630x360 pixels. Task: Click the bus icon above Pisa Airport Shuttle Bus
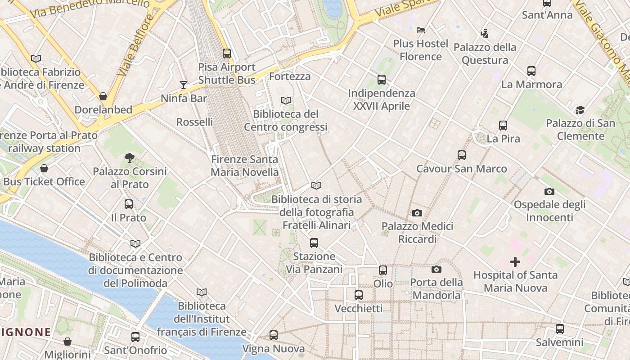tap(227, 54)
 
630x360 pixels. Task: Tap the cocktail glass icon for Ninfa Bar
tap(184, 85)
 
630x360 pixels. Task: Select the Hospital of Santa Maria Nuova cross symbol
tap(515, 261)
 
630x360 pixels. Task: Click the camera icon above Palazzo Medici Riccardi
tap(417, 213)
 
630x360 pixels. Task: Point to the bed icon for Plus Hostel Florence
tap(421, 30)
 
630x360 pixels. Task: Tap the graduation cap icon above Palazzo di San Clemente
tap(580, 110)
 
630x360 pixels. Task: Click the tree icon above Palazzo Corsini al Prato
tap(130, 157)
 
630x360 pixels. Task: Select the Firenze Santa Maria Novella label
tap(245, 166)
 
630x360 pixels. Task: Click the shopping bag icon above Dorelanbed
tap(103, 96)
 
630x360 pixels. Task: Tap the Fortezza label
tap(290, 76)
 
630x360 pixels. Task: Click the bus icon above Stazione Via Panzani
tap(314, 243)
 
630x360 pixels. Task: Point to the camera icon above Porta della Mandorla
tap(436, 269)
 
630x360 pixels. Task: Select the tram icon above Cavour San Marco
tap(461, 155)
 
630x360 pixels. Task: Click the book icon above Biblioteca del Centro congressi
tap(286, 100)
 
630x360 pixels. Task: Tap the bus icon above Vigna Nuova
tap(274, 335)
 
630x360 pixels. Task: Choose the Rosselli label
tap(194, 122)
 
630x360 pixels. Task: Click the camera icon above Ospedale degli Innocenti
tap(549, 191)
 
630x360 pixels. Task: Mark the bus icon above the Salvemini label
tap(559, 329)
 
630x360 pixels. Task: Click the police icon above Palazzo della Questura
tap(484, 33)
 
